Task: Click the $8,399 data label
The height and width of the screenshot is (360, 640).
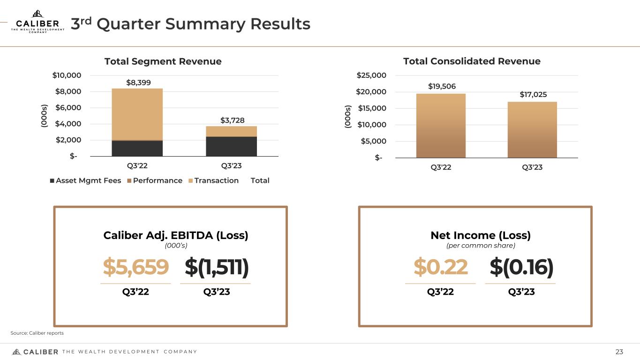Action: pyautogui.click(x=138, y=83)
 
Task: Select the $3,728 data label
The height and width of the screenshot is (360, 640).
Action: pyautogui.click(x=233, y=120)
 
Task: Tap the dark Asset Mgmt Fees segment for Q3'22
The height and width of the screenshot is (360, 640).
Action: pyautogui.click(x=137, y=148)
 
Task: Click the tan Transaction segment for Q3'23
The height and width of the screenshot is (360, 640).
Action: pyautogui.click(x=231, y=131)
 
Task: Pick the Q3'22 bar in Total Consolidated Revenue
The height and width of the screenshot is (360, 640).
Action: pyautogui.click(x=441, y=126)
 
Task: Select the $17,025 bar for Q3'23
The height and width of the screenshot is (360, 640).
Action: pyautogui.click(x=532, y=130)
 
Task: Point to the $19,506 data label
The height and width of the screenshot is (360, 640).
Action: pyautogui.click(x=442, y=87)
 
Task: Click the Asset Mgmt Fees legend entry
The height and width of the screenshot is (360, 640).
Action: pyautogui.click(x=85, y=180)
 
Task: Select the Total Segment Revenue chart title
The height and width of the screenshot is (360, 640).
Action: pyautogui.click(x=163, y=61)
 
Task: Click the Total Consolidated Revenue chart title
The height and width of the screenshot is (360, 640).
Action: pyautogui.click(x=472, y=61)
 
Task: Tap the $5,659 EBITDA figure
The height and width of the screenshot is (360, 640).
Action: pyautogui.click(x=136, y=267)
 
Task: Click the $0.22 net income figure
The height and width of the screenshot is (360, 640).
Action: pyautogui.click(x=440, y=267)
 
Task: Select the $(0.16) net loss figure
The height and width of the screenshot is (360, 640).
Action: pyautogui.click(x=521, y=267)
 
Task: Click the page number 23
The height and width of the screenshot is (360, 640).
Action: pyautogui.click(x=619, y=352)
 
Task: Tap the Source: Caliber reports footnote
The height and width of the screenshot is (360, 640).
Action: pyautogui.click(x=37, y=333)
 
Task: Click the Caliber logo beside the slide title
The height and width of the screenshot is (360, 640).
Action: pyautogui.click(x=38, y=22)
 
